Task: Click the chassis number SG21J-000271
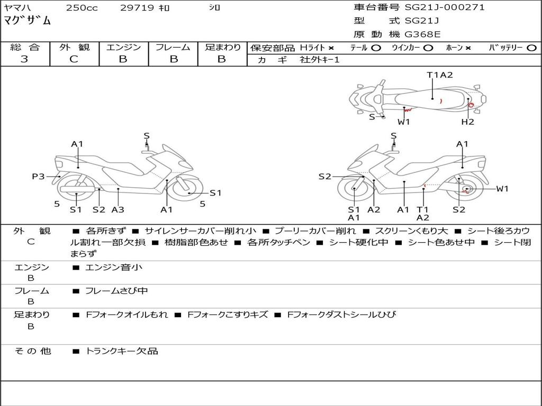pos(445,7)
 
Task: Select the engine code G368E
pos(422,34)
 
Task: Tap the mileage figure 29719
pos(137,7)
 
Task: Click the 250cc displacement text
pos(82,7)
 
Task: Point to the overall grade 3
pos(24,59)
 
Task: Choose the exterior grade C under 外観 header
pos(74,59)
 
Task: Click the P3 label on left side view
pos(38,177)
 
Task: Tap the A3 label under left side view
pos(118,209)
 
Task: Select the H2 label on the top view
pos(468,122)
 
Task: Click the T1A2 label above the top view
pos(440,75)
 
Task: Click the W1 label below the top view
pos(404,122)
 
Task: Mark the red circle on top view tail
pos(471,105)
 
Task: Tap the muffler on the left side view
pos(77,189)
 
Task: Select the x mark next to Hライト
pos(331,48)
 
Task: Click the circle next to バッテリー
pos(532,48)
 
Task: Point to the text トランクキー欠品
pos(122,351)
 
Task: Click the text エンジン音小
pos(114,267)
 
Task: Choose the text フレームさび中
pos(116,291)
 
